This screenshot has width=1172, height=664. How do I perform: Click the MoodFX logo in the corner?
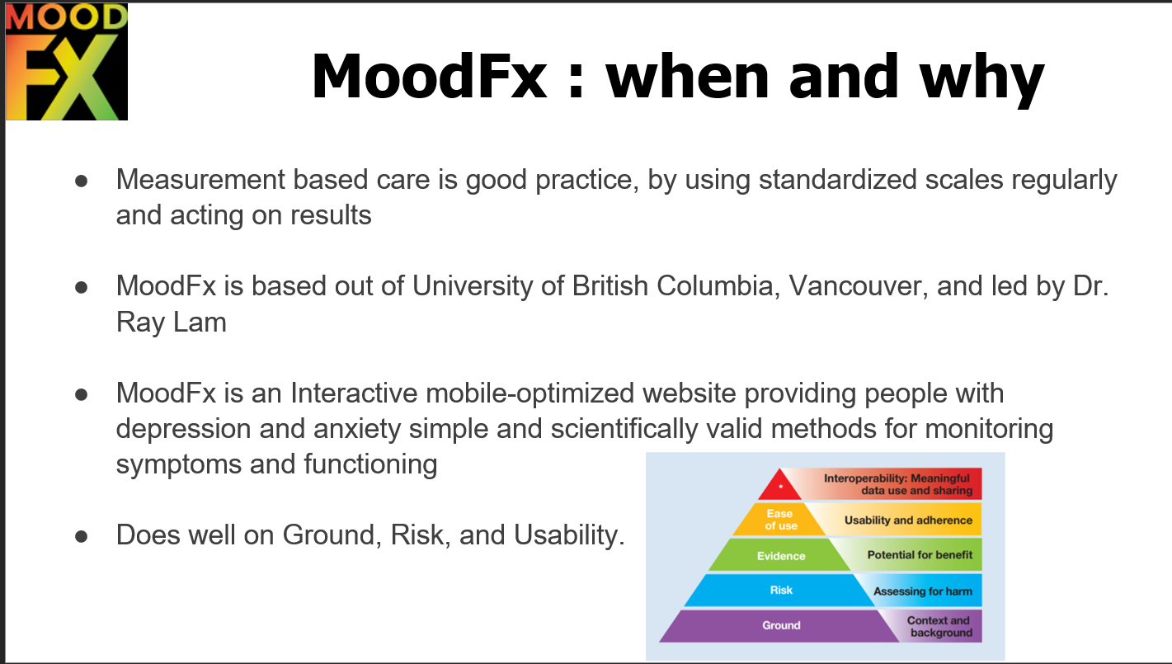coord(67,62)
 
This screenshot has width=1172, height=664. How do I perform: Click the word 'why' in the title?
coord(982,78)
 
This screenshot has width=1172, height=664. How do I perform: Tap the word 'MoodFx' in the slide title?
coord(430,76)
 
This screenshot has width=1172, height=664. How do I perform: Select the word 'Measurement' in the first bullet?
coord(200,180)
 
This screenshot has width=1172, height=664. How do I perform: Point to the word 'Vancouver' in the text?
coord(858,286)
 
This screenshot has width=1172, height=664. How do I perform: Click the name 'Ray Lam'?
coord(171,323)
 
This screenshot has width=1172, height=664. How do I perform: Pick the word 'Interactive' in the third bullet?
coord(354,393)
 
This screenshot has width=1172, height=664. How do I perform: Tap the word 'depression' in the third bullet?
coord(184,430)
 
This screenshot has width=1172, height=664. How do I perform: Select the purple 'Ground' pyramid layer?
coord(780,626)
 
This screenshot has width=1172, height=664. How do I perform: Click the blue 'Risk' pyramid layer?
coord(780,591)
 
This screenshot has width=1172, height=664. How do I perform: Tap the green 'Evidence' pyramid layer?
coord(780,556)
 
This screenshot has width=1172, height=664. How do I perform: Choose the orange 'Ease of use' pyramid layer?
coord(779,520)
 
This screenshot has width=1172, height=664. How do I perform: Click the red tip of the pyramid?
coord(779,485)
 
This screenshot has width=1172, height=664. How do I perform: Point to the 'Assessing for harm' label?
coord(922,591)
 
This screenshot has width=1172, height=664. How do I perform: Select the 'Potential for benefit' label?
coord(920,554)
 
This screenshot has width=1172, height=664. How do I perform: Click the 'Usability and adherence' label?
coord(908,520)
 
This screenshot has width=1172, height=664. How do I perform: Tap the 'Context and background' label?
coord(939,626)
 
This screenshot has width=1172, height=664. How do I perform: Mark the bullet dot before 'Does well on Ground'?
coord(81,536)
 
